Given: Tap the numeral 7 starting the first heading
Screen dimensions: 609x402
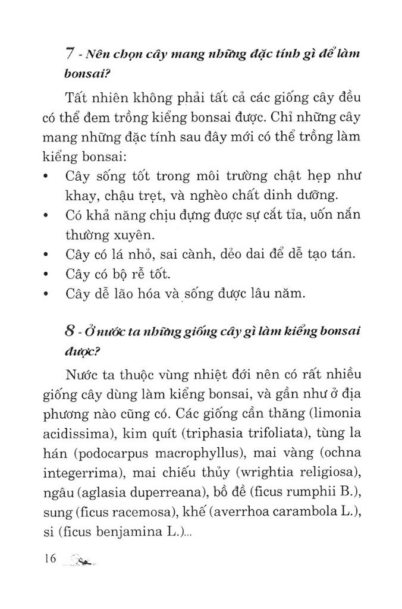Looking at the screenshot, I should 70,54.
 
